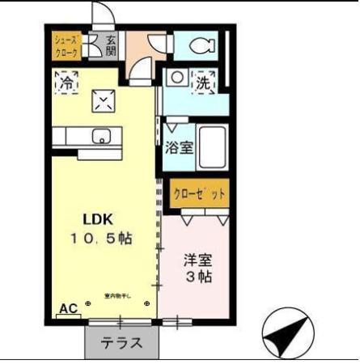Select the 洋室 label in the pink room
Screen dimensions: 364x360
coord(197,260)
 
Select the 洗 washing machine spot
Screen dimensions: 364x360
coord(203,82)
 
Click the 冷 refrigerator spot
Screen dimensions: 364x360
coord(66,82)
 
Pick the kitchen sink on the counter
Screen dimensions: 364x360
coord(103,136)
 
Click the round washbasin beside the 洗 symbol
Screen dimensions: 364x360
coord(174,79)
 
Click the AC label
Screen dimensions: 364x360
coord(68,308)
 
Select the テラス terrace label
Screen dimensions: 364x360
coord(121,342)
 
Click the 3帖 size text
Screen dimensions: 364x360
coord(197,277)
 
